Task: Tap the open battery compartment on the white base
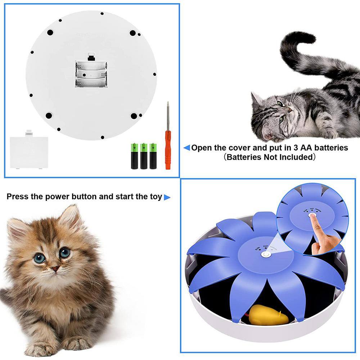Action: click(91, 74)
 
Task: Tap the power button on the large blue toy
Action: click(266, 255)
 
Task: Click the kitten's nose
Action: click(55, 269)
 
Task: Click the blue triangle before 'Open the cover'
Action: click(186, 148)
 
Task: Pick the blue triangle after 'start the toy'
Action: click(167, 197)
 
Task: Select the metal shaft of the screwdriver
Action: click(167, 115)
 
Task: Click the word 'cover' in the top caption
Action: click(234, 148)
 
